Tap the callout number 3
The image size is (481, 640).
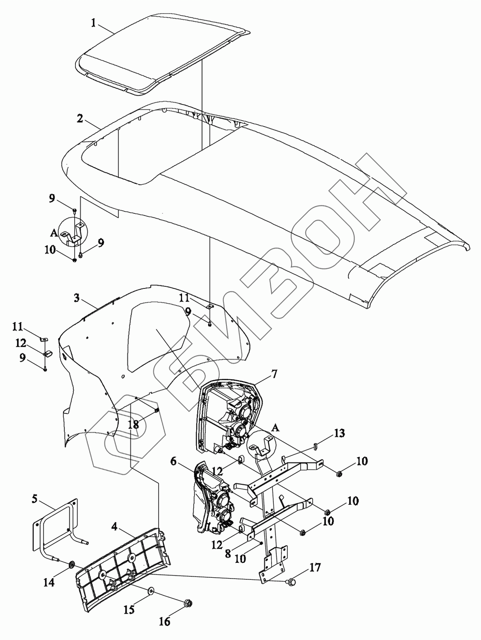(76, 297)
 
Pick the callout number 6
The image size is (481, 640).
(173, 461)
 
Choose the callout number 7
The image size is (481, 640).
(274, 374)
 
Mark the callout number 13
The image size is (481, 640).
(339, 433)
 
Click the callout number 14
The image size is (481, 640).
(49, 582)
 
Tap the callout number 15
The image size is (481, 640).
(129, 609)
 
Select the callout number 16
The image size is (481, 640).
(165, 622)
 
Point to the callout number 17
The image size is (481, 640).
(315, 568)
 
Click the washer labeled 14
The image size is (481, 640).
(71, 566)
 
